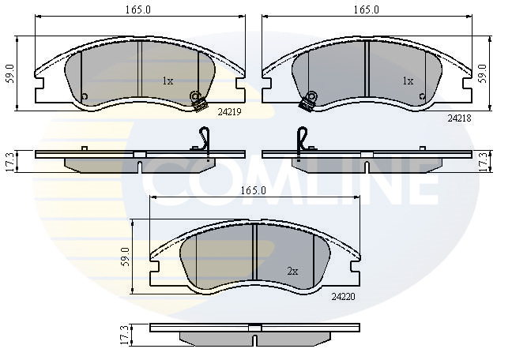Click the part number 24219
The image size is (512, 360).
click(229, 112)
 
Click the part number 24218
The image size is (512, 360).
click(459, 118)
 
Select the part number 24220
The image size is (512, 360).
click(343, 297)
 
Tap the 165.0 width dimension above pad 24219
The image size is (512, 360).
click(138, 9)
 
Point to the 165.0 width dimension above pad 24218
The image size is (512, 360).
click(367, 9)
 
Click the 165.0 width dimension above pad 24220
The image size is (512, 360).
click(254, 190)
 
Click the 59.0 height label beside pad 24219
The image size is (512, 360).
click(10, 73)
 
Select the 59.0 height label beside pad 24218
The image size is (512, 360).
click(484, 73)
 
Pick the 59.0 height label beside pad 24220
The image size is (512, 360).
click(126, 257)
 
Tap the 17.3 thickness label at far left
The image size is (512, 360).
click(10, 162)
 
